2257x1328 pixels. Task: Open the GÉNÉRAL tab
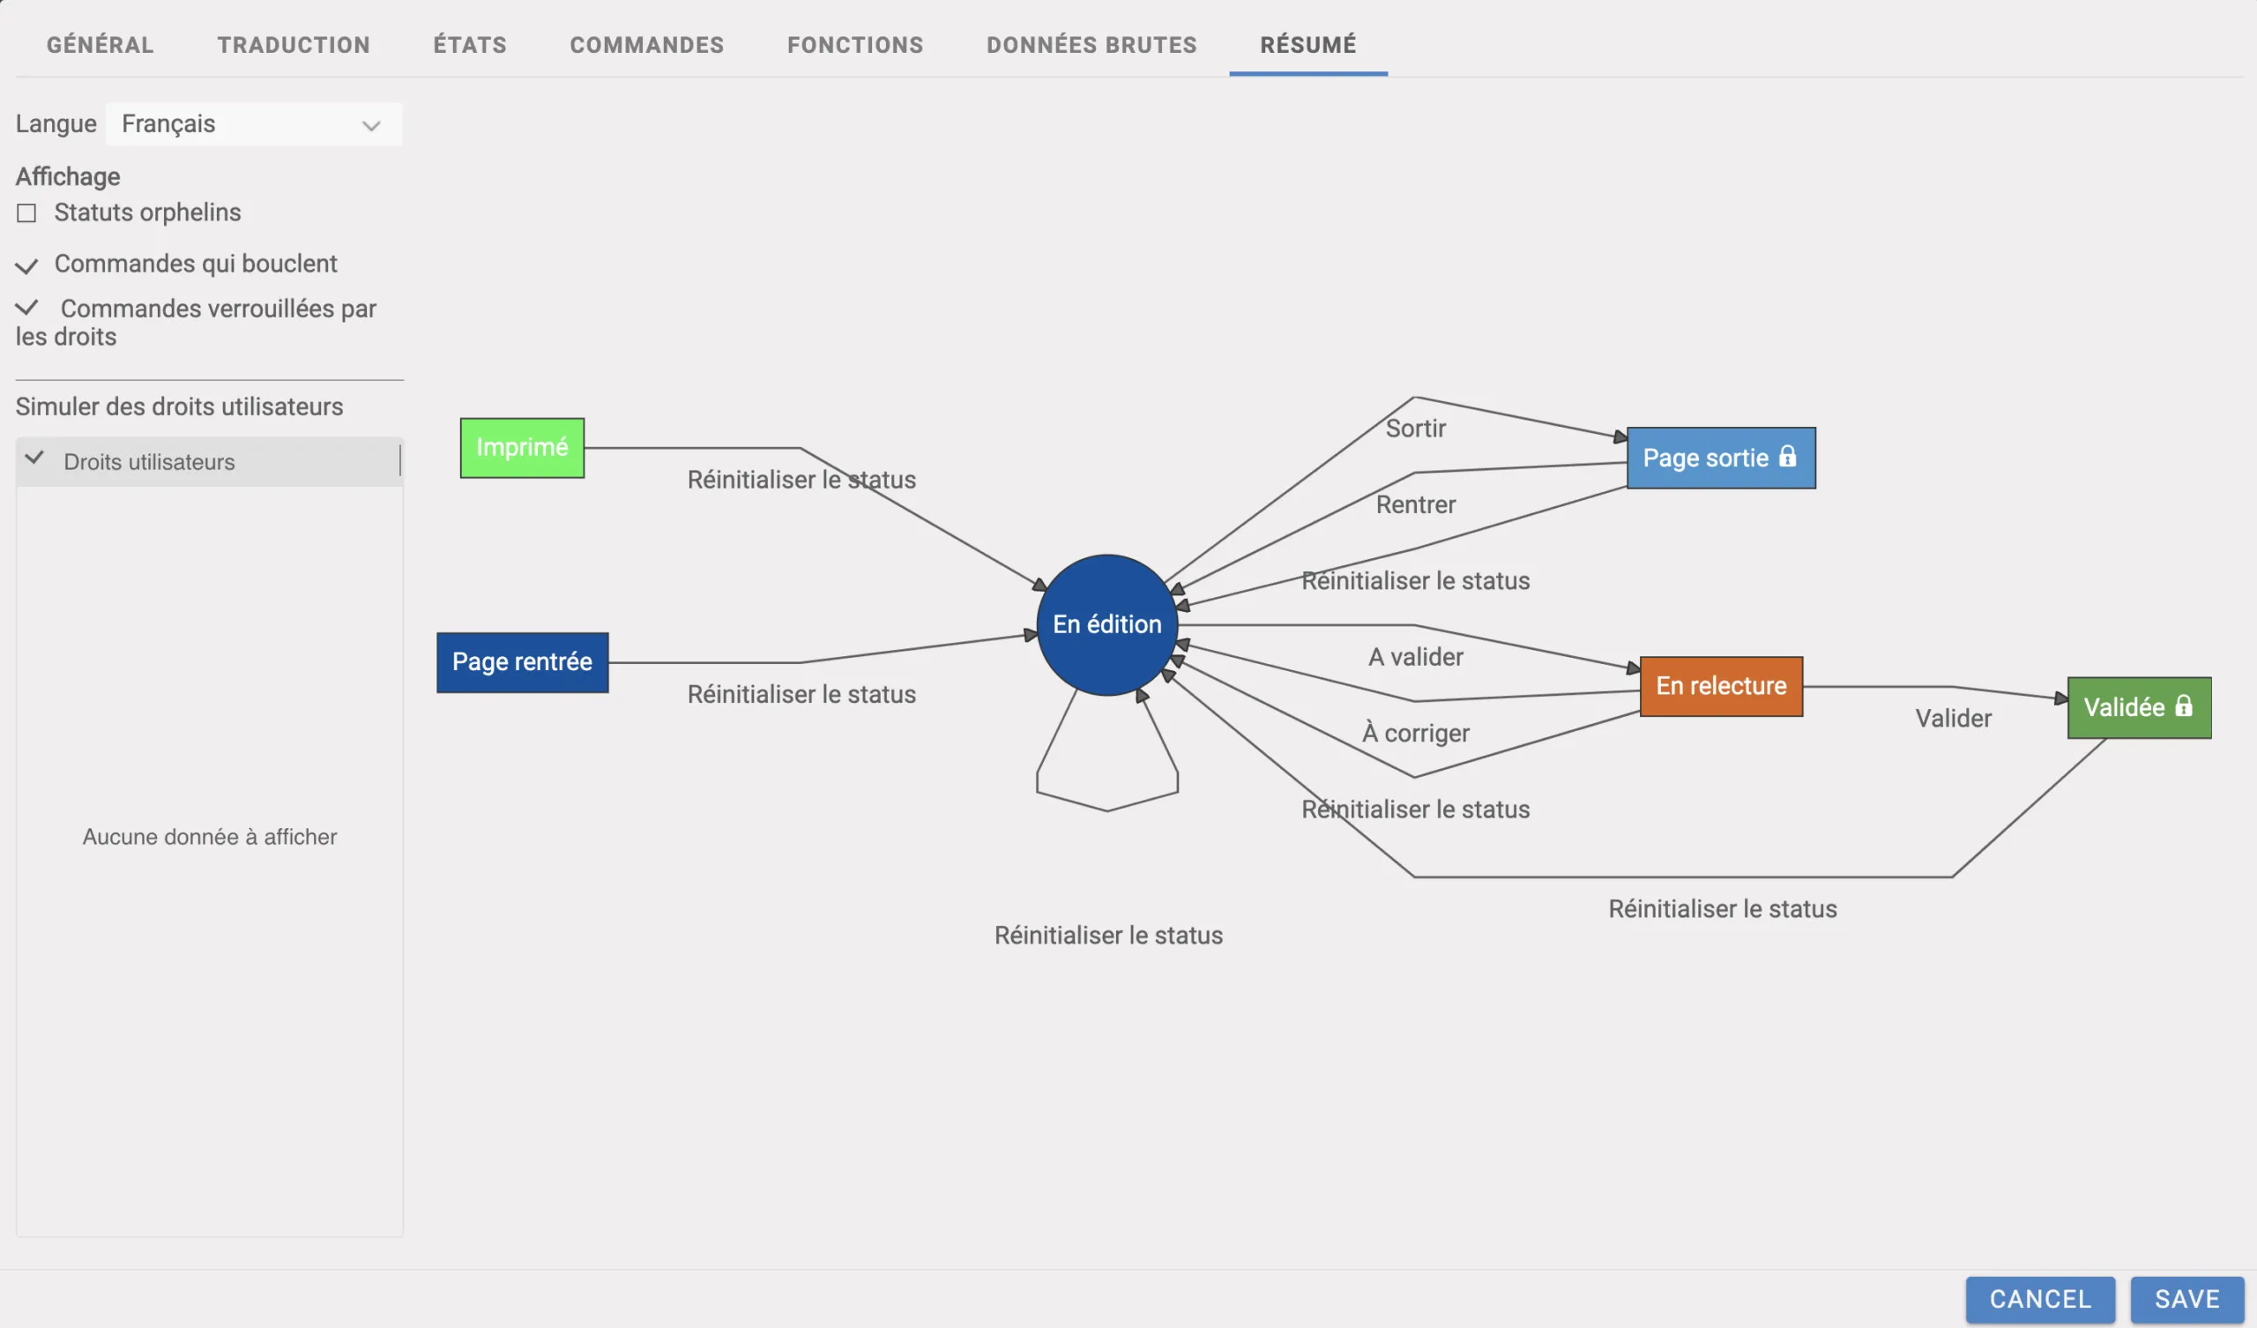100,45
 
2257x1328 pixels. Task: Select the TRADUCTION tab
293,45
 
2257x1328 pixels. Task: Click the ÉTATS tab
469,45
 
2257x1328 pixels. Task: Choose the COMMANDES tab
646,45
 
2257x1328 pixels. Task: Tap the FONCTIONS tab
854,45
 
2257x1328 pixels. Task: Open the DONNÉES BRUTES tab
1091,45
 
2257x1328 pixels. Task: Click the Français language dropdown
253,123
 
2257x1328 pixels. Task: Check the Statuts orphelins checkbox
26,213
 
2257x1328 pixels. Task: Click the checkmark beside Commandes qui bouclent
26,265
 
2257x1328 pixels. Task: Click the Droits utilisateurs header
149,461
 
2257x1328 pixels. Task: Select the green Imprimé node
522,448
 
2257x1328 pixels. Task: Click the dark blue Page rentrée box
522,662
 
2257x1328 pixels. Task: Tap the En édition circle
1106,624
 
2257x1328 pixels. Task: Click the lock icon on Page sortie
1787,457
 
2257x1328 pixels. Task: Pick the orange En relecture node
1720,686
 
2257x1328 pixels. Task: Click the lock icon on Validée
2184,706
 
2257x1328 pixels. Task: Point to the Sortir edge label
1415,429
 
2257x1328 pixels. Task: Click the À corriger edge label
1415,733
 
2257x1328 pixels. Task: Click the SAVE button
2186,1298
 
